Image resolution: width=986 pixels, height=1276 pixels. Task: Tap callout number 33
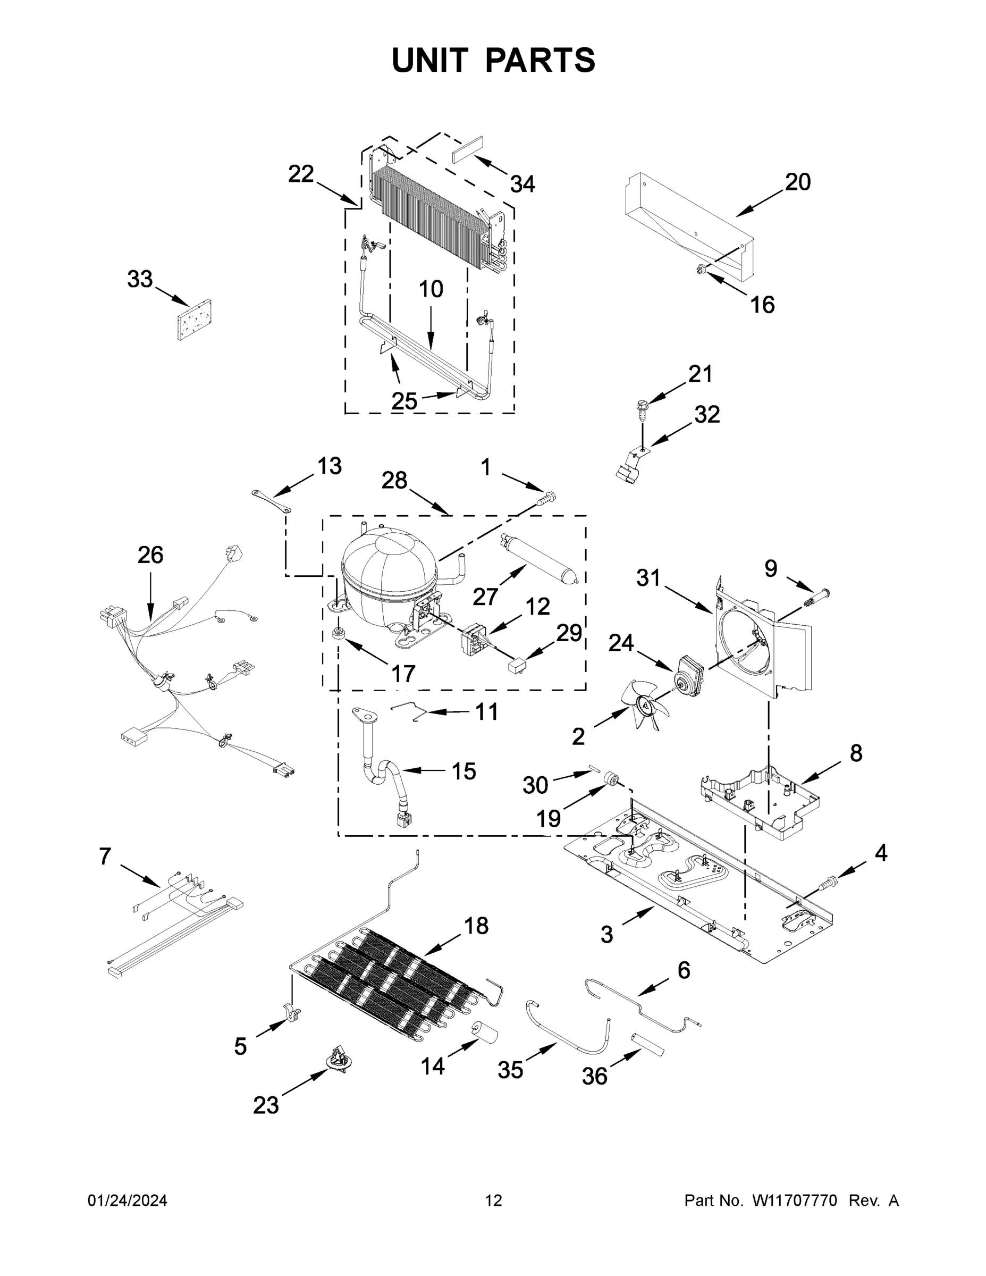tap(140, 279)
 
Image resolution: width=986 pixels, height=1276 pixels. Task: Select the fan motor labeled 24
tap(690, 673)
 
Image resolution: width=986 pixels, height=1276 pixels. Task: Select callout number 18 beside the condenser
tap(476, 926)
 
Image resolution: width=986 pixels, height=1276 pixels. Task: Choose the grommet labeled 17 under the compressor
tap(337, 634)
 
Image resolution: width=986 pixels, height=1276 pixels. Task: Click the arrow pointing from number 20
tap(759, 204)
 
